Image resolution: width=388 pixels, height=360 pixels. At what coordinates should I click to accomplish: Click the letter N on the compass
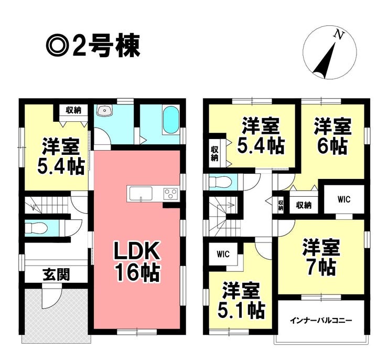339,35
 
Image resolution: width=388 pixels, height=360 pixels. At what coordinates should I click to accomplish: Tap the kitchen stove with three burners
171,193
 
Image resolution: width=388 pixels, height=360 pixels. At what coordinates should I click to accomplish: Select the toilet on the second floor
220,182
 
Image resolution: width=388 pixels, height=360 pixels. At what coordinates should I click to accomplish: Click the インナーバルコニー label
321,320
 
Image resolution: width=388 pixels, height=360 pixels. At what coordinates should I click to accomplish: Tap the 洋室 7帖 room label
320,257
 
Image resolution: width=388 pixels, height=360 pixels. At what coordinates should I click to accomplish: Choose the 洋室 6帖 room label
331,135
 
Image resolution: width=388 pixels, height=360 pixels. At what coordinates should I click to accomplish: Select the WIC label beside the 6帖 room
343,199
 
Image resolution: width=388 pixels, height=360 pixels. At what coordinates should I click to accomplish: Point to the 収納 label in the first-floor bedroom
73,110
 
